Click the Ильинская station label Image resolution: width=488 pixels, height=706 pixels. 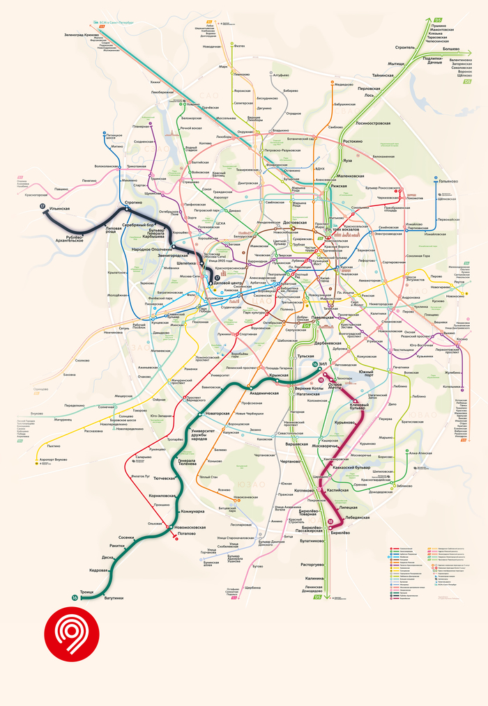tap(61, 208)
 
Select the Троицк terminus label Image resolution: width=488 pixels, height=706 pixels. tap(86, 593)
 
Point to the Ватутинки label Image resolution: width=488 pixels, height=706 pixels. tap(113, 598)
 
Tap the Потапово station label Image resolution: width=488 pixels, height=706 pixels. tap(186, 533)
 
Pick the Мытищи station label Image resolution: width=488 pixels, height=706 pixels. tap(397, 63)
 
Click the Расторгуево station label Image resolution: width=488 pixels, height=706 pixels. tap(313, 564)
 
